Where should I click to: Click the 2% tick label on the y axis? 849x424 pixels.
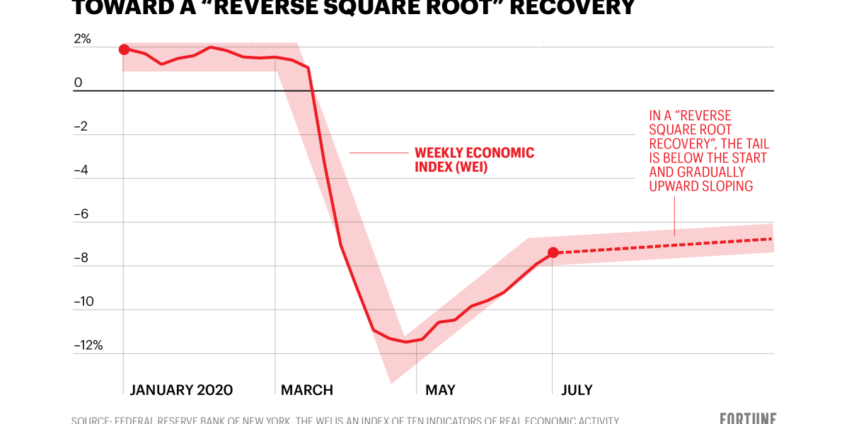pos(82,39)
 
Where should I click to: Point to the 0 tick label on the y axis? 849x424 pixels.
pos(78,83)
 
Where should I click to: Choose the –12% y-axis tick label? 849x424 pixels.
pos(88,346)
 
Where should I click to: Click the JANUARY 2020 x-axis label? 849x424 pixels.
pos(181,390)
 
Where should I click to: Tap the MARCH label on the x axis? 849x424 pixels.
pos(307,390)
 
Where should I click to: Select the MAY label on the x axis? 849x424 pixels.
pos(440,390)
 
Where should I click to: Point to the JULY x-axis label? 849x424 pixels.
pos(577,390)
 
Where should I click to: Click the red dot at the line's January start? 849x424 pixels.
pos(124,49)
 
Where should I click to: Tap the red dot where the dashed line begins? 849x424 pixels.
pos(553,252)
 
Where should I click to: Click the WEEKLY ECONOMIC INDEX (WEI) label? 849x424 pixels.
pos(474,160)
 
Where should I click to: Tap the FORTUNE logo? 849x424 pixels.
pos(749,418)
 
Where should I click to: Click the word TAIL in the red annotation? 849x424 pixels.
pos(756,144)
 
